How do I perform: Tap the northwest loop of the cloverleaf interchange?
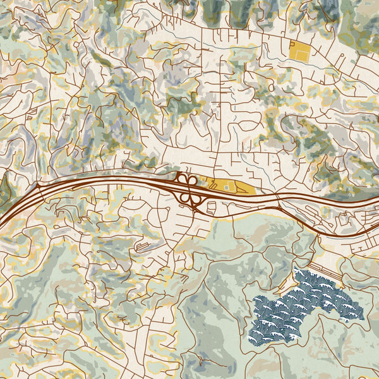(182, 179)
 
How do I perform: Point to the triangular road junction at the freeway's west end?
(38, 187)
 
